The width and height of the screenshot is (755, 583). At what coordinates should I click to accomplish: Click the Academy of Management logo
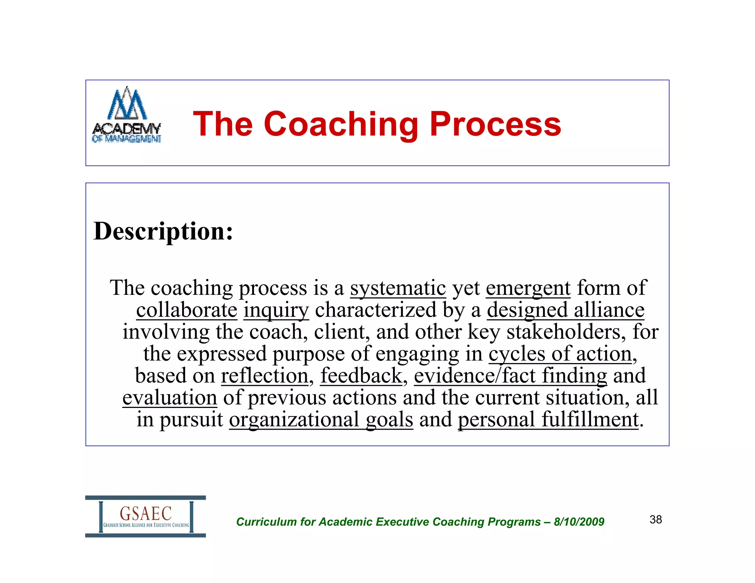pyautogui.click(x=126, y=115)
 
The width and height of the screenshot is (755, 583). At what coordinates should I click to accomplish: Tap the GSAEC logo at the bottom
pyautogui.click(x=146, y=516)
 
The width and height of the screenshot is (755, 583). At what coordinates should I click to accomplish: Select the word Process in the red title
pyautogui.click(x=495, y=124)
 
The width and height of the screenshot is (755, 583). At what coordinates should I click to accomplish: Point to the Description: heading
pyautogui.click(x=163, y=231)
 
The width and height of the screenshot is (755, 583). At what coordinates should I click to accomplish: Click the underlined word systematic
pyautogui.click(x=398, y=288)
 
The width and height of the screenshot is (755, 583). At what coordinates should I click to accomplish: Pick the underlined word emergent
pyautogui.click(x=528, y=288)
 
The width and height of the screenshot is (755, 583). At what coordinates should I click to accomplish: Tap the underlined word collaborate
pyautogui.click(x=187, y=310)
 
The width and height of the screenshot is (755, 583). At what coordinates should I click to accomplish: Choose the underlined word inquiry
pyautogui.click(x=276, y=310)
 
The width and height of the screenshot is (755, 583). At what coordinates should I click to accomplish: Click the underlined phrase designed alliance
pyautogui.click(x=566, y=310)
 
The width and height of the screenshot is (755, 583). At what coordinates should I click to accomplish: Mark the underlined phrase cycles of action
pyautogui.click(x=560, y=354)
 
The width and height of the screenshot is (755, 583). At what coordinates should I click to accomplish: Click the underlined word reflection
pyautogui.click(x=265, y=376)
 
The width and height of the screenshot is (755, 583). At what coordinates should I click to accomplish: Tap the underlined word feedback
pyautogui.click(x=361, y=376)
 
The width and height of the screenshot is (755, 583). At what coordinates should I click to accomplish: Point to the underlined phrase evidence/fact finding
pyautogui.click(x=510, y=376)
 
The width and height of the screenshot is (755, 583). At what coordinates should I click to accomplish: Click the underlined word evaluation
pyautogui.click(x=170, y=398)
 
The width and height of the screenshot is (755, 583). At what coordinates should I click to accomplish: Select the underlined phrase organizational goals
pyautogui.click(x=321, y=419)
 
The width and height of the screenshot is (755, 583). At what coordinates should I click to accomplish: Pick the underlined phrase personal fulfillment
pyautogui.click(x=548, y=419)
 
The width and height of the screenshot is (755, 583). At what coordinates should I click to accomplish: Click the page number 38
pyautogui.click(x=656, y=520)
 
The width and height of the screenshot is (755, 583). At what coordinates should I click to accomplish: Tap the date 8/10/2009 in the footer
pyautogui.click(x=579, y=522)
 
